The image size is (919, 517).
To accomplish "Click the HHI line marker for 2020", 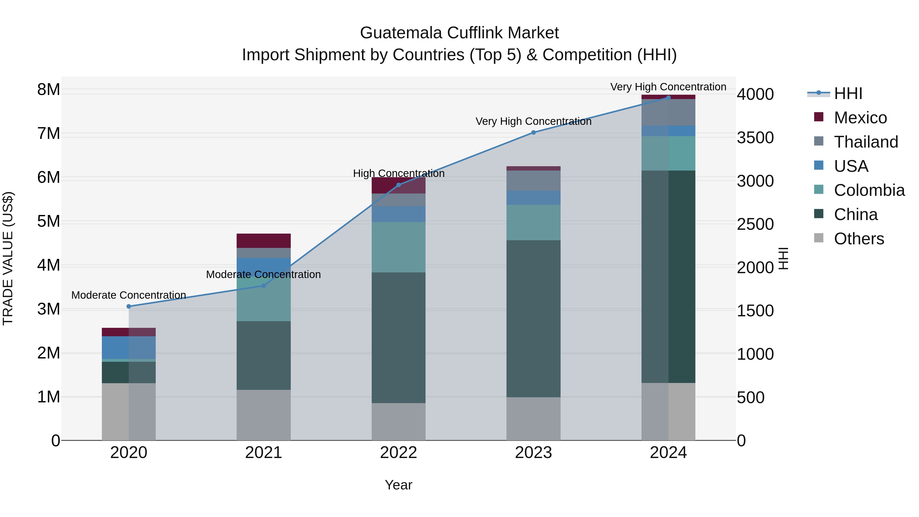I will pos(129,306).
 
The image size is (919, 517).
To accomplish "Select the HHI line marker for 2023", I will pos(533,132).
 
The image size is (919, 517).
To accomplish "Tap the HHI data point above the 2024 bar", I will pos(668,98).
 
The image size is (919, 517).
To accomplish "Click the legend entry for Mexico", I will pos(860,117).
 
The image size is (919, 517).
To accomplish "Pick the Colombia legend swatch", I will pos(819,190).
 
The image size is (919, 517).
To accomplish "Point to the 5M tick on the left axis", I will pos(49,221).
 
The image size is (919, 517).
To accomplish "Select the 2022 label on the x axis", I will pos(398,453).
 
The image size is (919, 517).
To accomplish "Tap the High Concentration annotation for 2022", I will pos(398,173).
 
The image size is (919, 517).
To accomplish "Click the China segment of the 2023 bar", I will pos(533,318).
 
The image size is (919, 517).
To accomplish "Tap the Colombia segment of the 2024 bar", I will pos(668,153).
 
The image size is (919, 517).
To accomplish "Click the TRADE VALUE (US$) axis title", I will pos(8,258).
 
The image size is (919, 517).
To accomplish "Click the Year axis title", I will pos(398,485).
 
